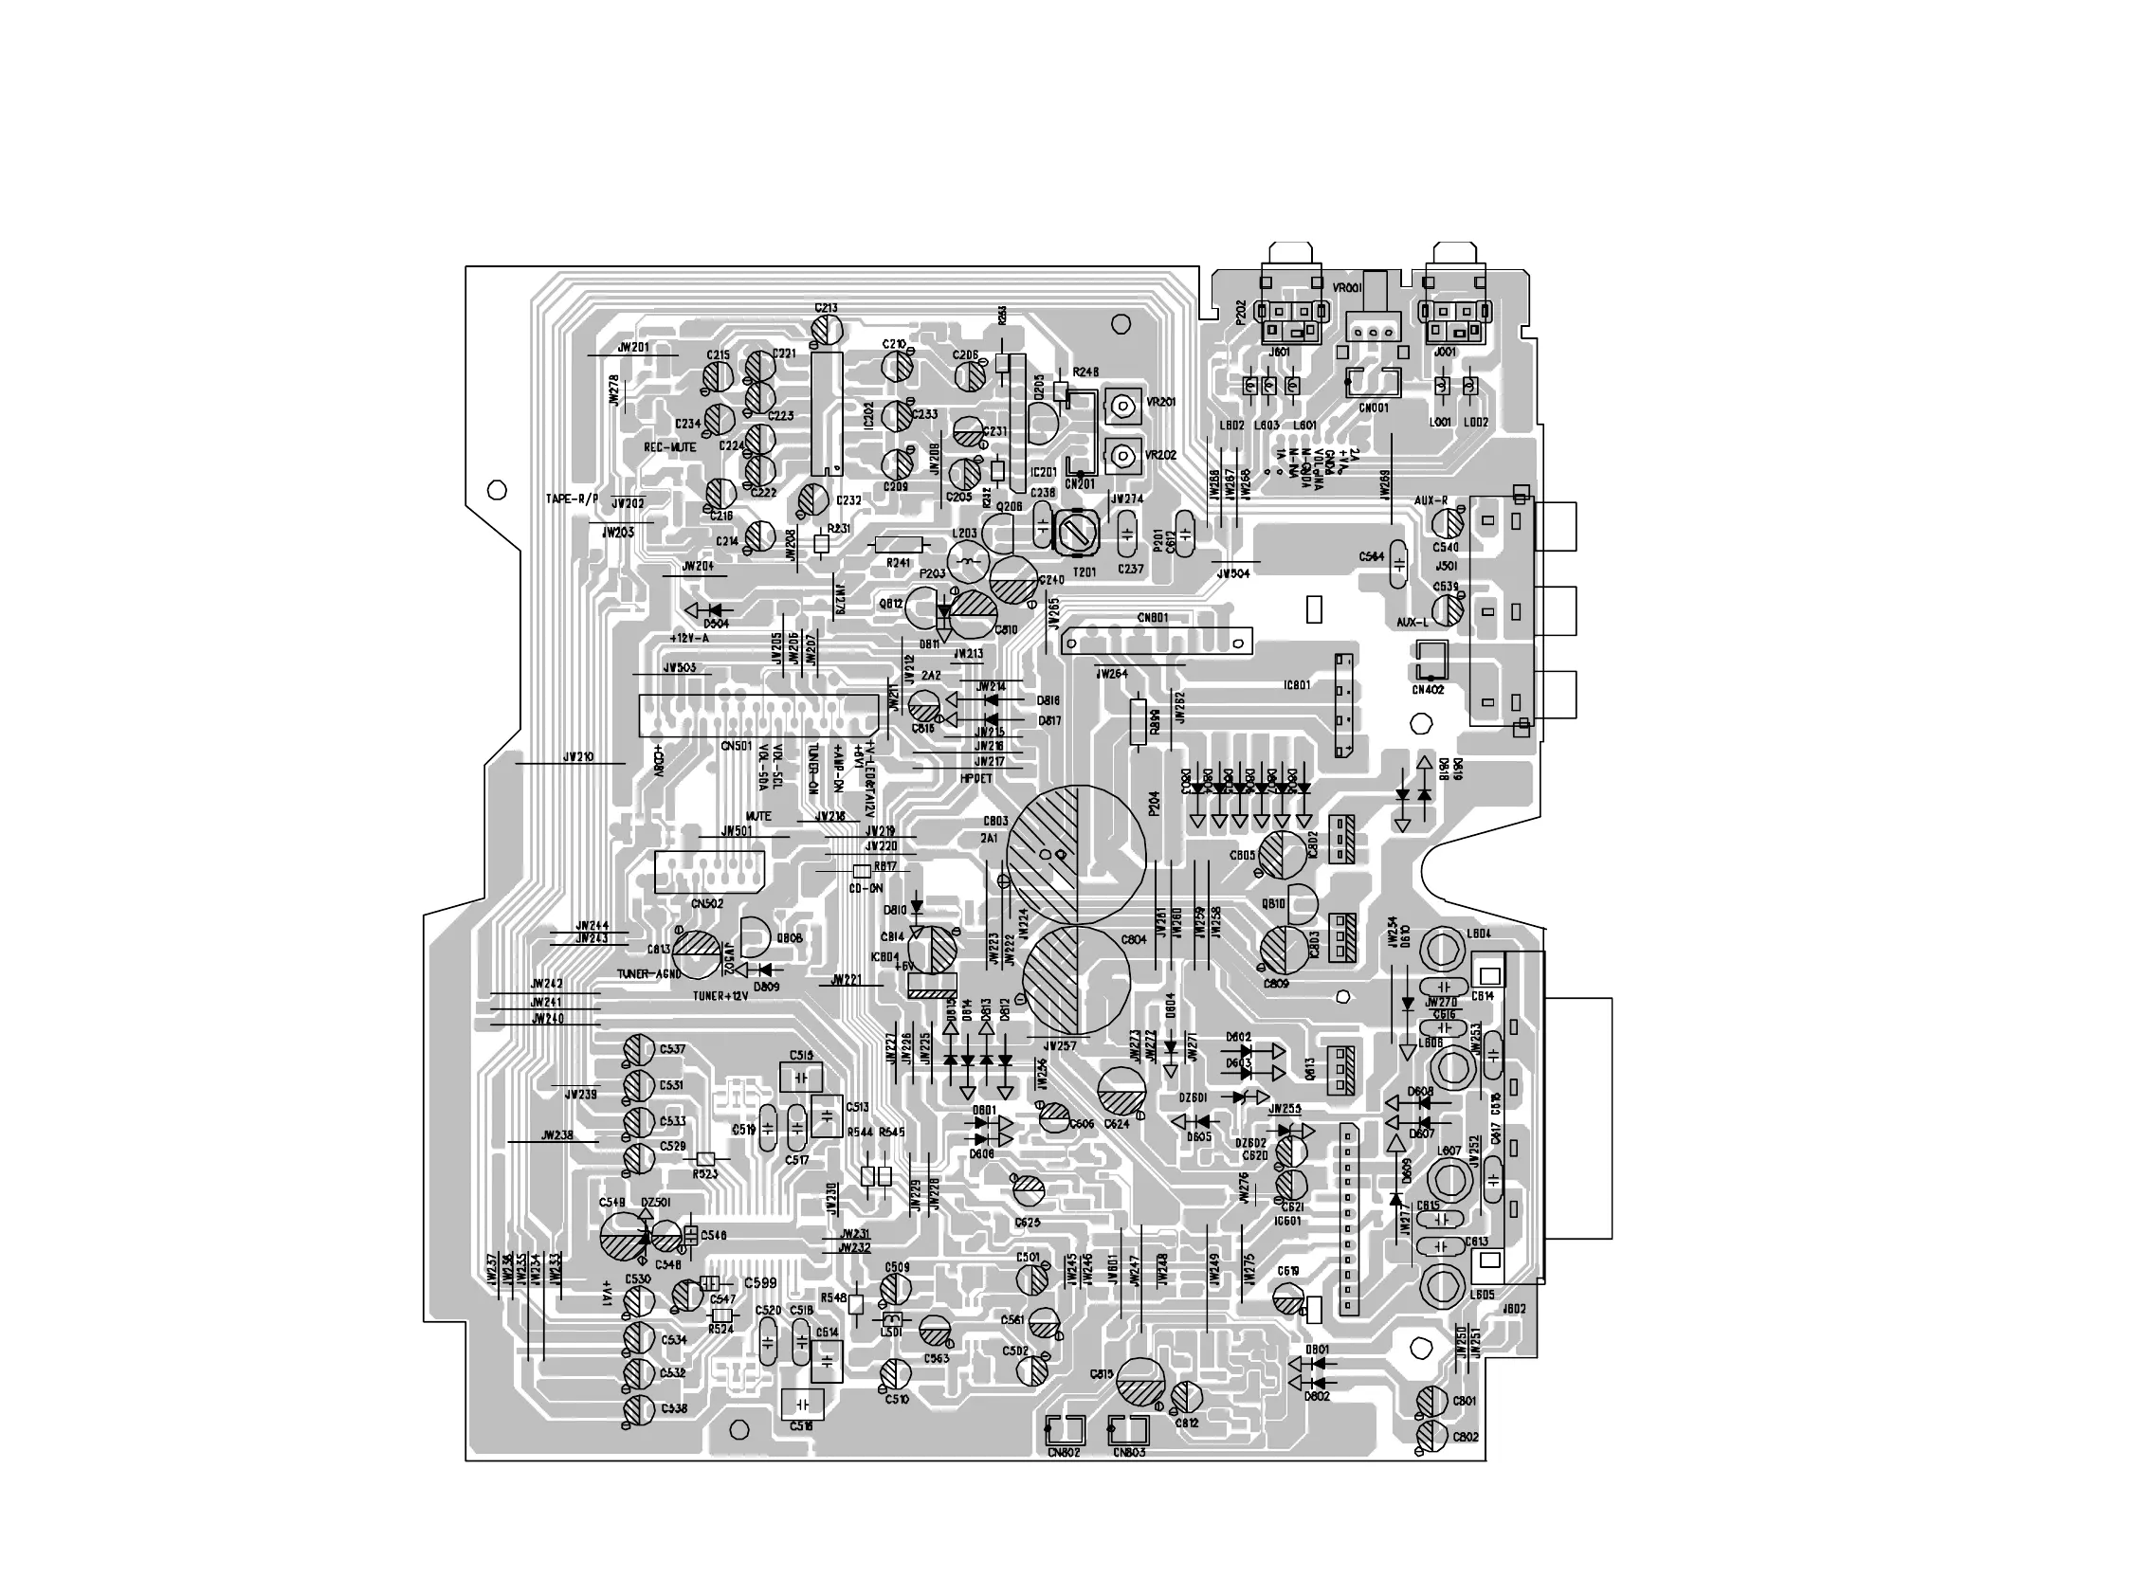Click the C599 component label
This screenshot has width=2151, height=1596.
pos(759,1283)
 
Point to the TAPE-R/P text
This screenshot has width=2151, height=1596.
pos(572,499)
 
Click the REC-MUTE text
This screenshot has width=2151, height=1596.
pos(669,448)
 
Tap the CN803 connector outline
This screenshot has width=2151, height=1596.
pos(1129,1430)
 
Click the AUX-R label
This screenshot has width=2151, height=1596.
pos(1431,500)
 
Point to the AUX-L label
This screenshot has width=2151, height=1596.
pos(1412,623)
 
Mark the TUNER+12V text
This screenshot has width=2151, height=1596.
pos(720,996)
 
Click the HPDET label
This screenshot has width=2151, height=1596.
pos(977,778)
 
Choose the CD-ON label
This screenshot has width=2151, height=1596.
pos(866,888)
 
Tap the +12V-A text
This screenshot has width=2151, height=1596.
pos(689,639)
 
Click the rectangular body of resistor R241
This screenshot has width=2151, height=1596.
pos(899,544)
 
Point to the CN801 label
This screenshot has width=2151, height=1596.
pos(1153,618)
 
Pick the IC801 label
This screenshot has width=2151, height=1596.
pos(1297,685)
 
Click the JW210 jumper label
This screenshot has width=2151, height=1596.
pos(578,756)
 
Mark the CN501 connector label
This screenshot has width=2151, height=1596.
pos(737,746)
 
